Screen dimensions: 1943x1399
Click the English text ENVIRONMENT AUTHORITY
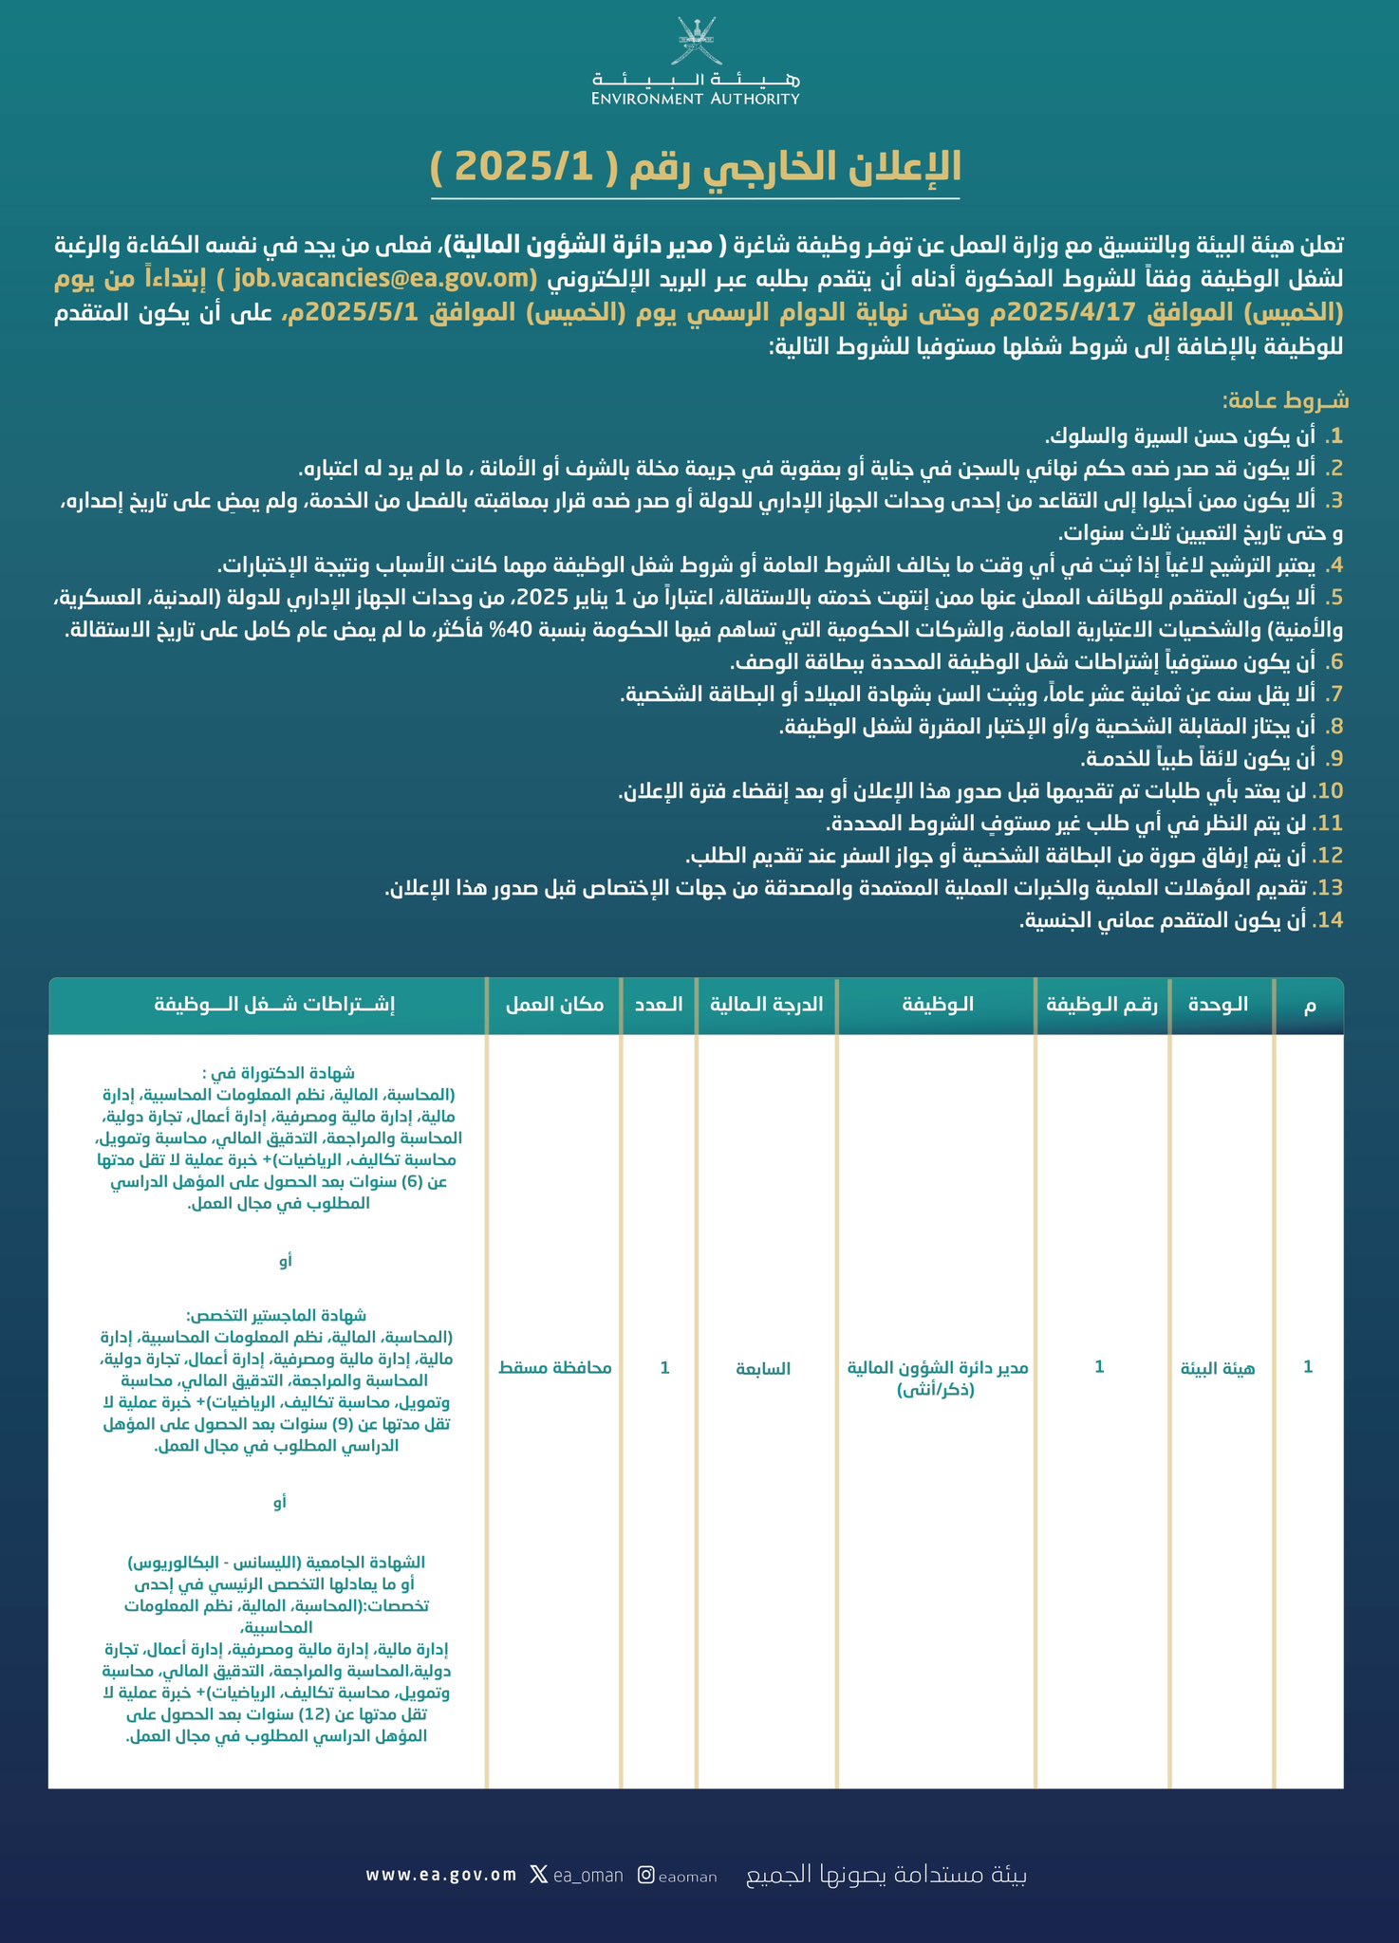pos(696,98)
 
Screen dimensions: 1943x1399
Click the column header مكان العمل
pos(555,1005)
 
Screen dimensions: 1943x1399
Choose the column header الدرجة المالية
pos(767,1005)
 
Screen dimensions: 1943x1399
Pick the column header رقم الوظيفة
pos(1102,1005)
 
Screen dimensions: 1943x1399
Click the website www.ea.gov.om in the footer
pos(441,1875)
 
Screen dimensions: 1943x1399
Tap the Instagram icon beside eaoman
pos(645,1875)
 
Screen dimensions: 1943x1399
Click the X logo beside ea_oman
pos(538,1875)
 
